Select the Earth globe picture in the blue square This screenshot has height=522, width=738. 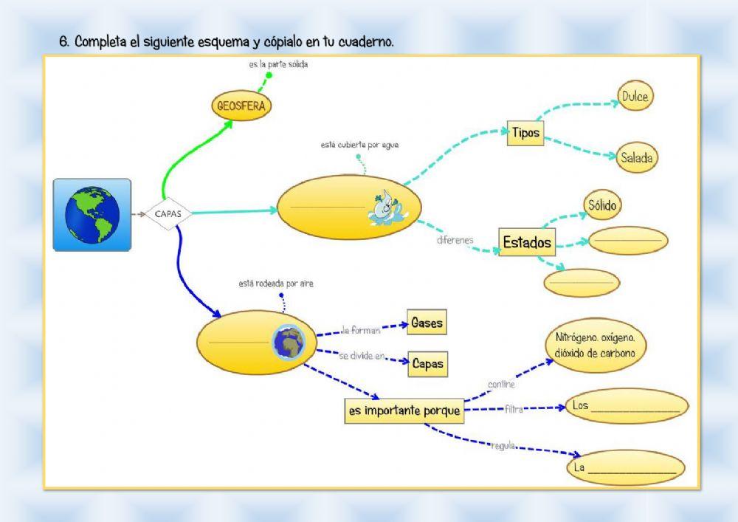click(92, 214)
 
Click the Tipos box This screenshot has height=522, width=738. click(525, 134)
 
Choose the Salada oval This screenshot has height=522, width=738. click(635, 157)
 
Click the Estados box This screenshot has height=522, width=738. click(527, 242)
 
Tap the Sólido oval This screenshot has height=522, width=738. click(602, 206)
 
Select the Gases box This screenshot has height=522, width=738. click(427, 323)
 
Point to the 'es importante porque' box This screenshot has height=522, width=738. click(404, 411)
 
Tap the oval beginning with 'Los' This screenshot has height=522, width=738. click(627, 406)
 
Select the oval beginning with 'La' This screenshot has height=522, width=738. click(625, 467)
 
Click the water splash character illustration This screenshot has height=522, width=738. click(384, 210)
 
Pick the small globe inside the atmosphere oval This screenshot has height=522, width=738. click(289, 342)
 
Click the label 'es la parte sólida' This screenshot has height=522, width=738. click(278, 64)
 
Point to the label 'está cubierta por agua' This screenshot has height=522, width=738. click(359, 145)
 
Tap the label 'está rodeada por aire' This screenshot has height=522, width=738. click(276, 283)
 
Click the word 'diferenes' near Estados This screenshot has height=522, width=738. click(455, 239)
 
